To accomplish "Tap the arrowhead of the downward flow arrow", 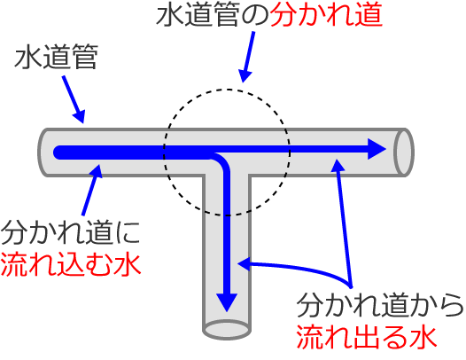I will [x=228, y=301].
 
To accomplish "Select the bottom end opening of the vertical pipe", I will [x=227, y=329].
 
